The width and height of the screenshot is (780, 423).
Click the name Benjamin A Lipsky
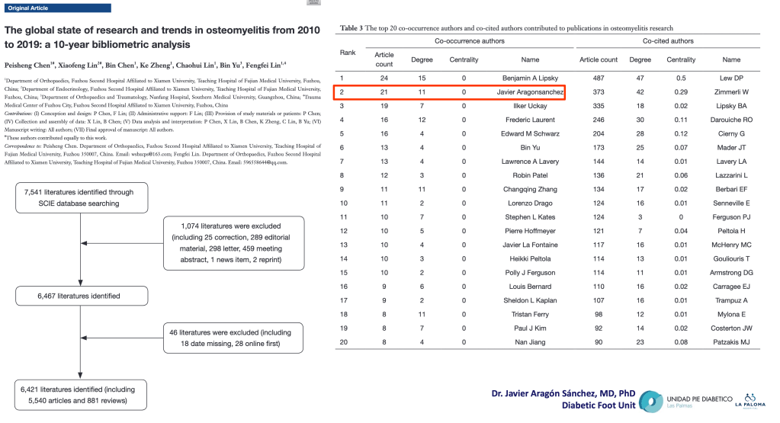coord(530,78)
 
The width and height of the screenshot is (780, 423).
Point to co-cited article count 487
coord(599,78)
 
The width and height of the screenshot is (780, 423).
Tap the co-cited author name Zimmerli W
coord(730,92)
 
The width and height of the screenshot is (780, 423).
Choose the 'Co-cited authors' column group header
coord(668,40)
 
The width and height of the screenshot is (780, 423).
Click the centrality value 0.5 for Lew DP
coord(681,78)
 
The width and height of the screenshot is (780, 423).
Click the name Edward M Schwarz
coord(530,133)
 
